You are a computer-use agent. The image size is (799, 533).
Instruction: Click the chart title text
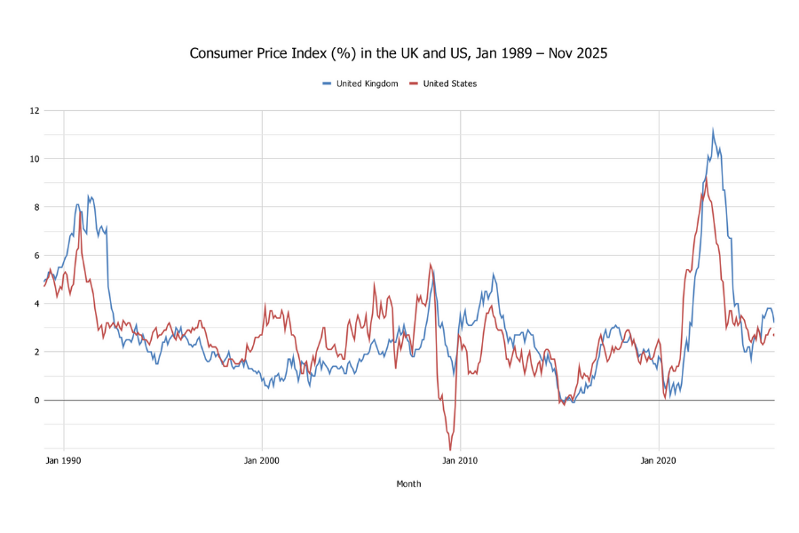tap(399, 53)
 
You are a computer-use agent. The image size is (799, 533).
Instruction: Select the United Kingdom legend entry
tap(360, 84)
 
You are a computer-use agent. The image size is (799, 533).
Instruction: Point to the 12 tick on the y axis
tap(34, 111)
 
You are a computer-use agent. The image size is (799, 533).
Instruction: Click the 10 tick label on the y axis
tap(34, 159)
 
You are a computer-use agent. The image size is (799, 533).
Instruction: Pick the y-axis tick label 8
tap(36, 207)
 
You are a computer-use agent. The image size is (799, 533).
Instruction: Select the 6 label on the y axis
tap(36, 256)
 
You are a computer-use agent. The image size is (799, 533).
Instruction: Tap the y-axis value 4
tap(36, 304)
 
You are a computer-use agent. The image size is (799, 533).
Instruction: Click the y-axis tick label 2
tap(36, 352)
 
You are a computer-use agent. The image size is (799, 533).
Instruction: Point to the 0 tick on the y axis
tap(36, 401)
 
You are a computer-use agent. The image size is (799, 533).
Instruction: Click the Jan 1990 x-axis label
tap(64, 461)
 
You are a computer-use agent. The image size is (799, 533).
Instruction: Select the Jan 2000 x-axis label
tap(262, 461)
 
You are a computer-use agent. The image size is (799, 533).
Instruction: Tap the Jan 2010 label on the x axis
tap(460, 461)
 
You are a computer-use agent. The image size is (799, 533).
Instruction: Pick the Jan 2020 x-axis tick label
tap(659, 461)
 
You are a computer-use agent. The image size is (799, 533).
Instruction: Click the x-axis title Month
tap(408, 484)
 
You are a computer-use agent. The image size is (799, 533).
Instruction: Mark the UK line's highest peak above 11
tap(712, 131)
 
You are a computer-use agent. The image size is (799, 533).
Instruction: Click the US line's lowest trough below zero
tap(449, 449)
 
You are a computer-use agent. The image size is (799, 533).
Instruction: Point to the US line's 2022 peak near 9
tap(706, 180)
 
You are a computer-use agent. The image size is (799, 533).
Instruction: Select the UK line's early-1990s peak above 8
tap(88, 196)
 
